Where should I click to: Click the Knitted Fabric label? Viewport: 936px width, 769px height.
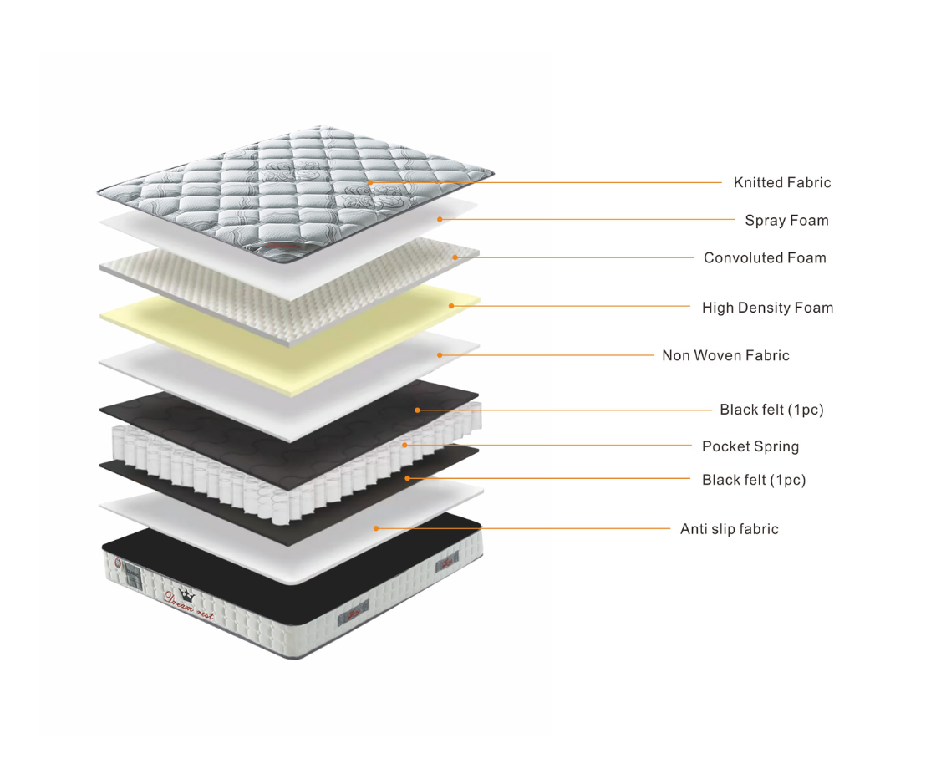(x=782, y=182)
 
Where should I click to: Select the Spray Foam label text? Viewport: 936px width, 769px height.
(x=786, y=221)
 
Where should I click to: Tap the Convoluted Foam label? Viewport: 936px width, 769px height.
(x=765, y=258)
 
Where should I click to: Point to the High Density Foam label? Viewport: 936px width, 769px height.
(x=767, y=308)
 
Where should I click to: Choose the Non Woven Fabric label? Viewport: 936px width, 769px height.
(x=725, y=356)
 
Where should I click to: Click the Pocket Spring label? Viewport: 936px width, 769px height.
(x=750, y=446)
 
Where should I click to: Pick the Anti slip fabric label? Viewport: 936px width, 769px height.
(x=729, y=529)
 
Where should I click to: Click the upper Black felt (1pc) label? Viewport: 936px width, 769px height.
(x=771, y=410)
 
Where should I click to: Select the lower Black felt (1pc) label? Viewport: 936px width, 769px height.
(x=754, y=480)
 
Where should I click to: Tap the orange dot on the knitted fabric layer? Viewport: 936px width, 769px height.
(x=369, y=181)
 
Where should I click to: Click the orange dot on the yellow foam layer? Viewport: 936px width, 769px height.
(x=451, y=306)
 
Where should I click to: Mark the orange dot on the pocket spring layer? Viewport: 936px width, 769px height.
(x=404, y=445)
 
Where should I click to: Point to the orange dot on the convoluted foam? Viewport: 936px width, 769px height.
(x=455, y=257)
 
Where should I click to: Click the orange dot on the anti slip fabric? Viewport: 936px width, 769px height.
(x=376, y=528)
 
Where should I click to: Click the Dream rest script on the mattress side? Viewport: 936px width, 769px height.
(x=189, y=607)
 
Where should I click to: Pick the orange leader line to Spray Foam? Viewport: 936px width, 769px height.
(x=585, y=220)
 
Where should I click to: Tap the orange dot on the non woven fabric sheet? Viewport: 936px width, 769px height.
(x=440, y=355)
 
